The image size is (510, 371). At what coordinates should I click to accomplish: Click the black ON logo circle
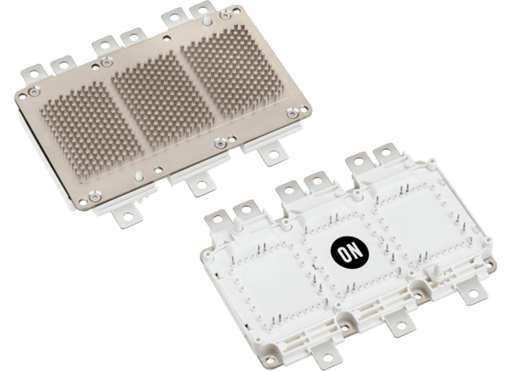tap(349, 252)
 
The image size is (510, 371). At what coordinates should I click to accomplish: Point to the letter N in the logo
tap(356, 249)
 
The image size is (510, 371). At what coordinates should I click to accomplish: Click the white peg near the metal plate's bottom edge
tap(139, 175)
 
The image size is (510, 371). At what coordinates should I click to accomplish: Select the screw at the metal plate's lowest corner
tap(94, 196)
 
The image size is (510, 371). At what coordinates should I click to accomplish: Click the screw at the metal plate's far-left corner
tap(34, 91)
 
